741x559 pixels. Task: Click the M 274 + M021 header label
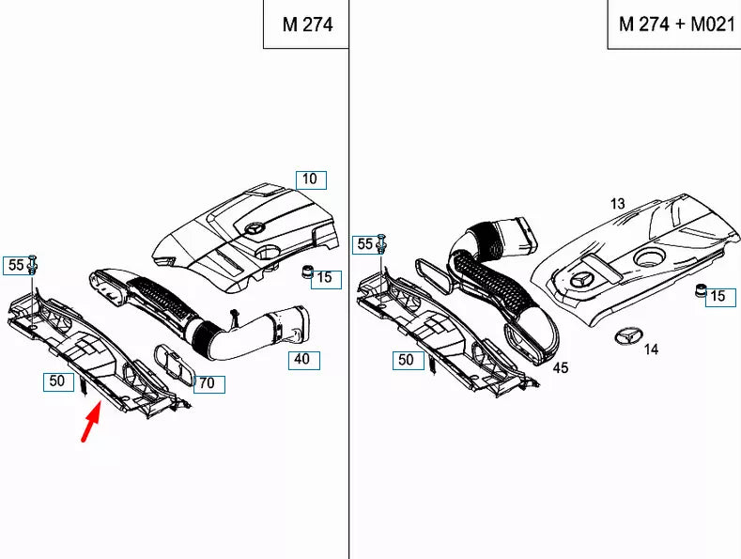pyautogui.click(x=675, y=24)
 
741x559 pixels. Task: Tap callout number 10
pyautogui.click(x=309, y=179)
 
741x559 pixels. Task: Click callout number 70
pyautogui.click(x=210, y=383)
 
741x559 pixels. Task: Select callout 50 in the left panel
pyautogui.click(x=56, y=380)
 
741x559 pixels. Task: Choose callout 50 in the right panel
pyautogui.click(x=406, y=360)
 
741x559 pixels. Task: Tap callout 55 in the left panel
pyautogui.click(x=15, y=266)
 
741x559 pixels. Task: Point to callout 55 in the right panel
pyautogui.click(x=363, y=244)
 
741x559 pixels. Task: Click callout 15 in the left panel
pyautogui.click(x=323, y=278)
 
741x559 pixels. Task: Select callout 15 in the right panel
pyautogui.click(x=717, y=297)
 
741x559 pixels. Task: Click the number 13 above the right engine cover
pyautogui.click(x=616, y=203)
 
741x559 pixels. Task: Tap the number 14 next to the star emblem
pyautogui.click(x=651, y=349)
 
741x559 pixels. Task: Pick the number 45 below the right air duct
pyautogui.click(x=561, y=368)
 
